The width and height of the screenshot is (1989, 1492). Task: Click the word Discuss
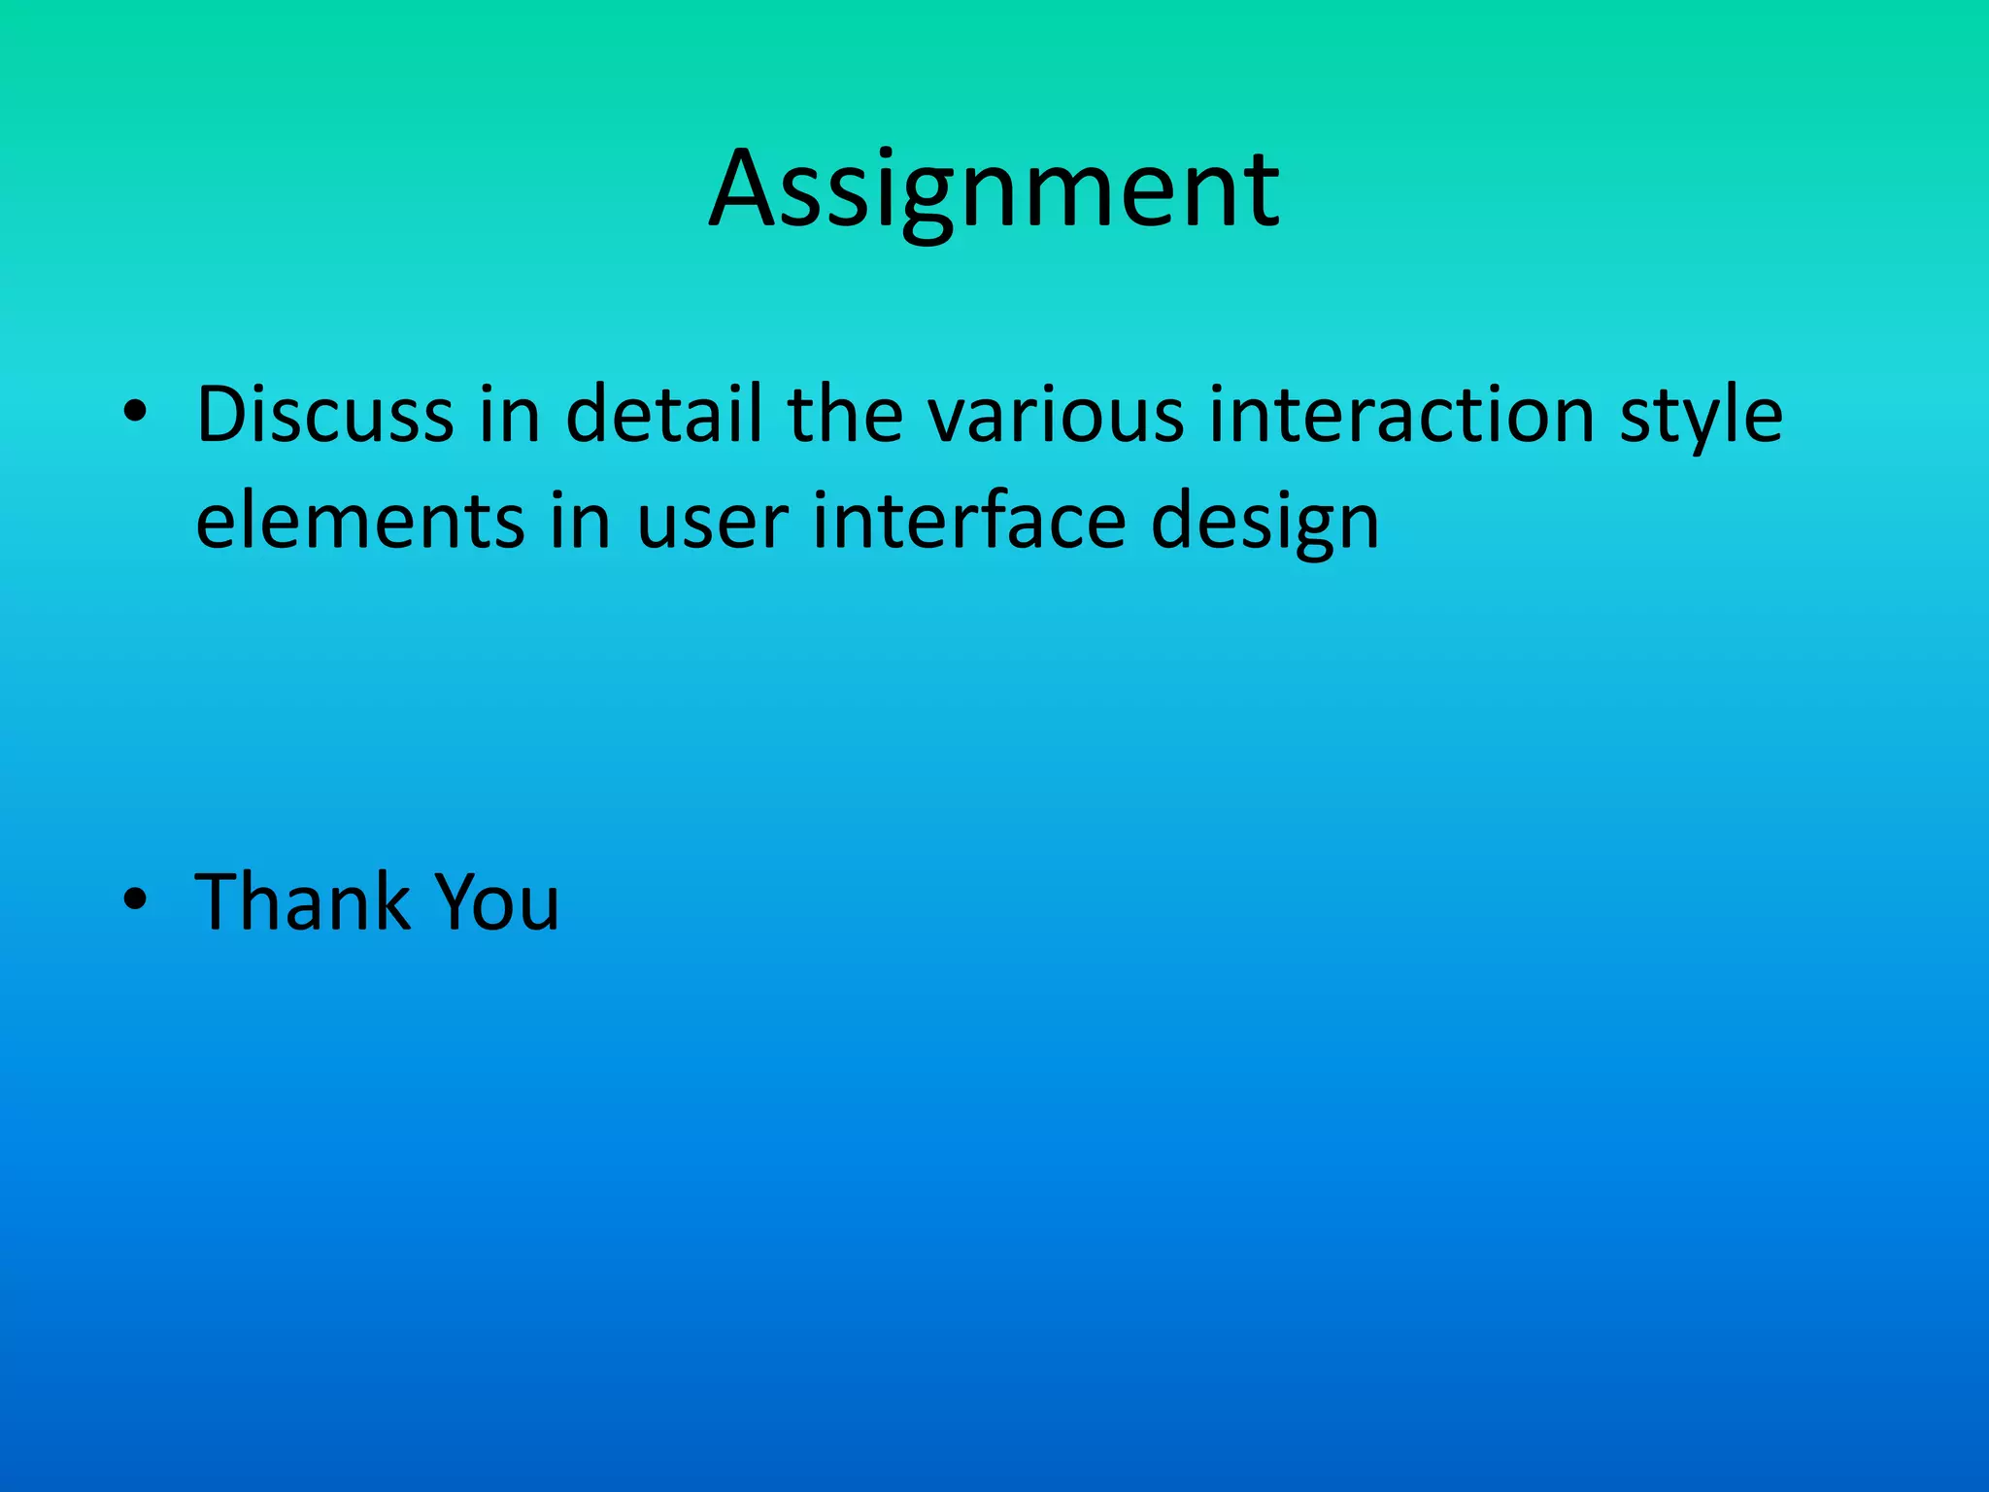click(x=325, y=415)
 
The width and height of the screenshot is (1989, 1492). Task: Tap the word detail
click(x=663, y=415)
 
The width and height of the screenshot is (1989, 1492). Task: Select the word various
click(x=1055, y=415)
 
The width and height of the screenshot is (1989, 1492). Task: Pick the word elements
click(x=360, y=522)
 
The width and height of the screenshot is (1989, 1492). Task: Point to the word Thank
click(x=302, y=901)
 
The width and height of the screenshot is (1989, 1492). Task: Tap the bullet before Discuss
click(x=135, y=415)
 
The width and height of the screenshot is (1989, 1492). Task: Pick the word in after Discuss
click(x=509, y=415)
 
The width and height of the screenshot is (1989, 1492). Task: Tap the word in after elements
click(x=580, y=522)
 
